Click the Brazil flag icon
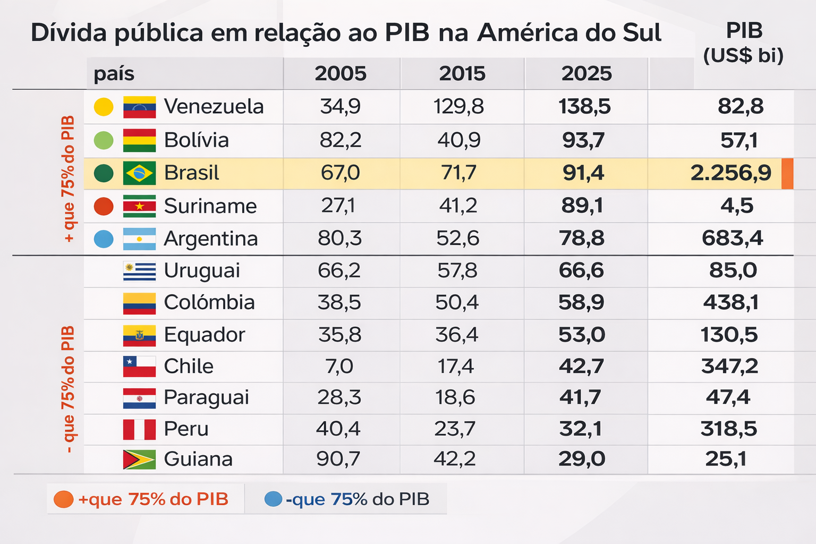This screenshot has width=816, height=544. coord(139,173)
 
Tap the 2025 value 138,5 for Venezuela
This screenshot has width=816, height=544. coord(584,107)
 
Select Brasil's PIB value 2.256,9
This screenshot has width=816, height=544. coord(730,173)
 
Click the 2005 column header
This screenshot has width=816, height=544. coord(341,73)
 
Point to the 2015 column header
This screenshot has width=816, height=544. coord(462,73)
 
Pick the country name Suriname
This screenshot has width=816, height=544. coord(210,206)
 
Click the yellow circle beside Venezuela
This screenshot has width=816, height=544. coord(104,107)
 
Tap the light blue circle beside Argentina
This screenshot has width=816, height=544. coord(104,239)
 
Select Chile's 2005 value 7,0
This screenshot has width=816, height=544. coord(339,367)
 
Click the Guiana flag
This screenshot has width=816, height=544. coord(139,460)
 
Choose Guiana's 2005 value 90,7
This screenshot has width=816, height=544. coord(338,459)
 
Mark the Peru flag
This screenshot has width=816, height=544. coord(139,429)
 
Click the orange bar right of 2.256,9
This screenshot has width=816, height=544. coord(787,173)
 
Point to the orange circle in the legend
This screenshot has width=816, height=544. coord(64,499)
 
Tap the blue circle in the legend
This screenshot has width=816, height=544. coord(273,499)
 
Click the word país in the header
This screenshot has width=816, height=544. coord(114,73)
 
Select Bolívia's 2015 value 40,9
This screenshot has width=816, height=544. coord(459,140)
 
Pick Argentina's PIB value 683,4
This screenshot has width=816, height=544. coord(732,239)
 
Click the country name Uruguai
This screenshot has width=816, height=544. coord(202,271)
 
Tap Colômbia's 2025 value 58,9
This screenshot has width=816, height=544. coord(581,303)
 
